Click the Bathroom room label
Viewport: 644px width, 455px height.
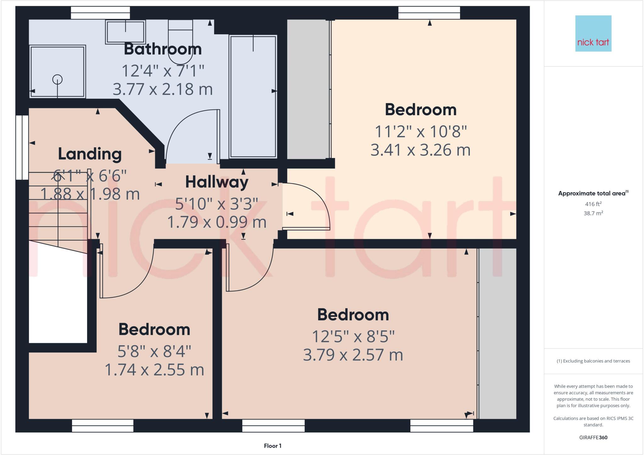click(163, 49)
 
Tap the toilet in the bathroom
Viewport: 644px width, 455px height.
click(180, 41)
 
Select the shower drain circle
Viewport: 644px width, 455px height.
click(57, 79)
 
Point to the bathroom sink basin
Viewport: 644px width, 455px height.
click(125, 32)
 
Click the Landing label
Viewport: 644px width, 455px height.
click(90, 154)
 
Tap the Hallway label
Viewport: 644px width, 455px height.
click(217, 182)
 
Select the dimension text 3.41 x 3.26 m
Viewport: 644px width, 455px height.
click(420, 150)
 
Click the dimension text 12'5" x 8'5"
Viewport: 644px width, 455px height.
click(353, 337)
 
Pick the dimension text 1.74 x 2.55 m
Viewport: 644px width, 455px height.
click(154, 370)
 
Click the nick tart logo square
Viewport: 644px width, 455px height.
click(593, 33)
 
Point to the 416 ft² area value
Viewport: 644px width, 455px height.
click(593, 204)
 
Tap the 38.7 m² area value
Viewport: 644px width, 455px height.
click(593, 213)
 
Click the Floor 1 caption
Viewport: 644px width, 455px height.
click(273, 446)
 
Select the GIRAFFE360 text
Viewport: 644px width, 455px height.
click(593, 437)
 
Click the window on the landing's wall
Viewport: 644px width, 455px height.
click(22, 147)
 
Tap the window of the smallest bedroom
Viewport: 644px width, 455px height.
click(103, 425)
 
